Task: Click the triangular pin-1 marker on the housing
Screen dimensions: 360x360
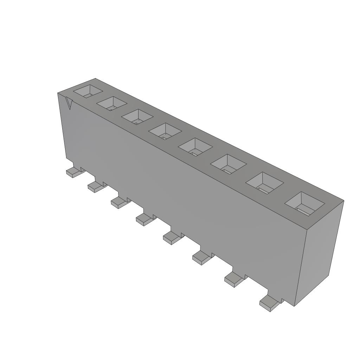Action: (x=69, y=103)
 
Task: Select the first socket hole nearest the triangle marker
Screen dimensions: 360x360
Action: (x=88, y=91)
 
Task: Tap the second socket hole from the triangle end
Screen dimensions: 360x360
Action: (x=111, y=103)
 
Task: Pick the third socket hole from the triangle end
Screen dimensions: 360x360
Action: (x=137, y=116)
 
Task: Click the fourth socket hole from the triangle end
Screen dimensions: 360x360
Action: (x=165, y=131)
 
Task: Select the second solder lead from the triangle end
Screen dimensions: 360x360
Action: (x=95, y=186)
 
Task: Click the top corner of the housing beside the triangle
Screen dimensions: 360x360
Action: (x=58, y=93)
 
